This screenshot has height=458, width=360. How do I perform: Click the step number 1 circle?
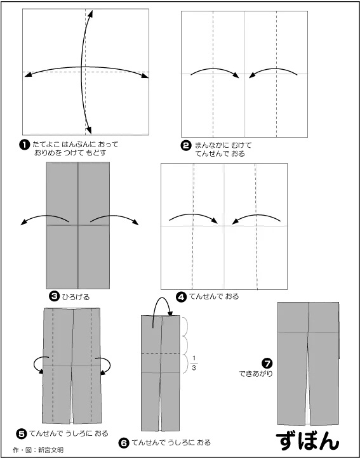pos(24,145)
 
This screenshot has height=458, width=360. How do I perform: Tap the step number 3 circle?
pos(54,296)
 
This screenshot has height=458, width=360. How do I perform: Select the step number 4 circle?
pos(182,297)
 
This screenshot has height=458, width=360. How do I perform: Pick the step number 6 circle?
pos(124,443)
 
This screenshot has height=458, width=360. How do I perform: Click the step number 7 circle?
pos(267,363)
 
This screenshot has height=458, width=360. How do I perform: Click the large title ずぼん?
pos(308,441)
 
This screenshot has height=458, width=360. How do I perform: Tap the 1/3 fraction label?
pos(194,362)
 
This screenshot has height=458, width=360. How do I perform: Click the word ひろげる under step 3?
pos(76,297)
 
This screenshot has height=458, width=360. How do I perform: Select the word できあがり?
pos(256,374)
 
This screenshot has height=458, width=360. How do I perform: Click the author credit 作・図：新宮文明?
pos(38,450)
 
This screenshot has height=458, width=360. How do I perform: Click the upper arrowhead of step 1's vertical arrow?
pos(91,14)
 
